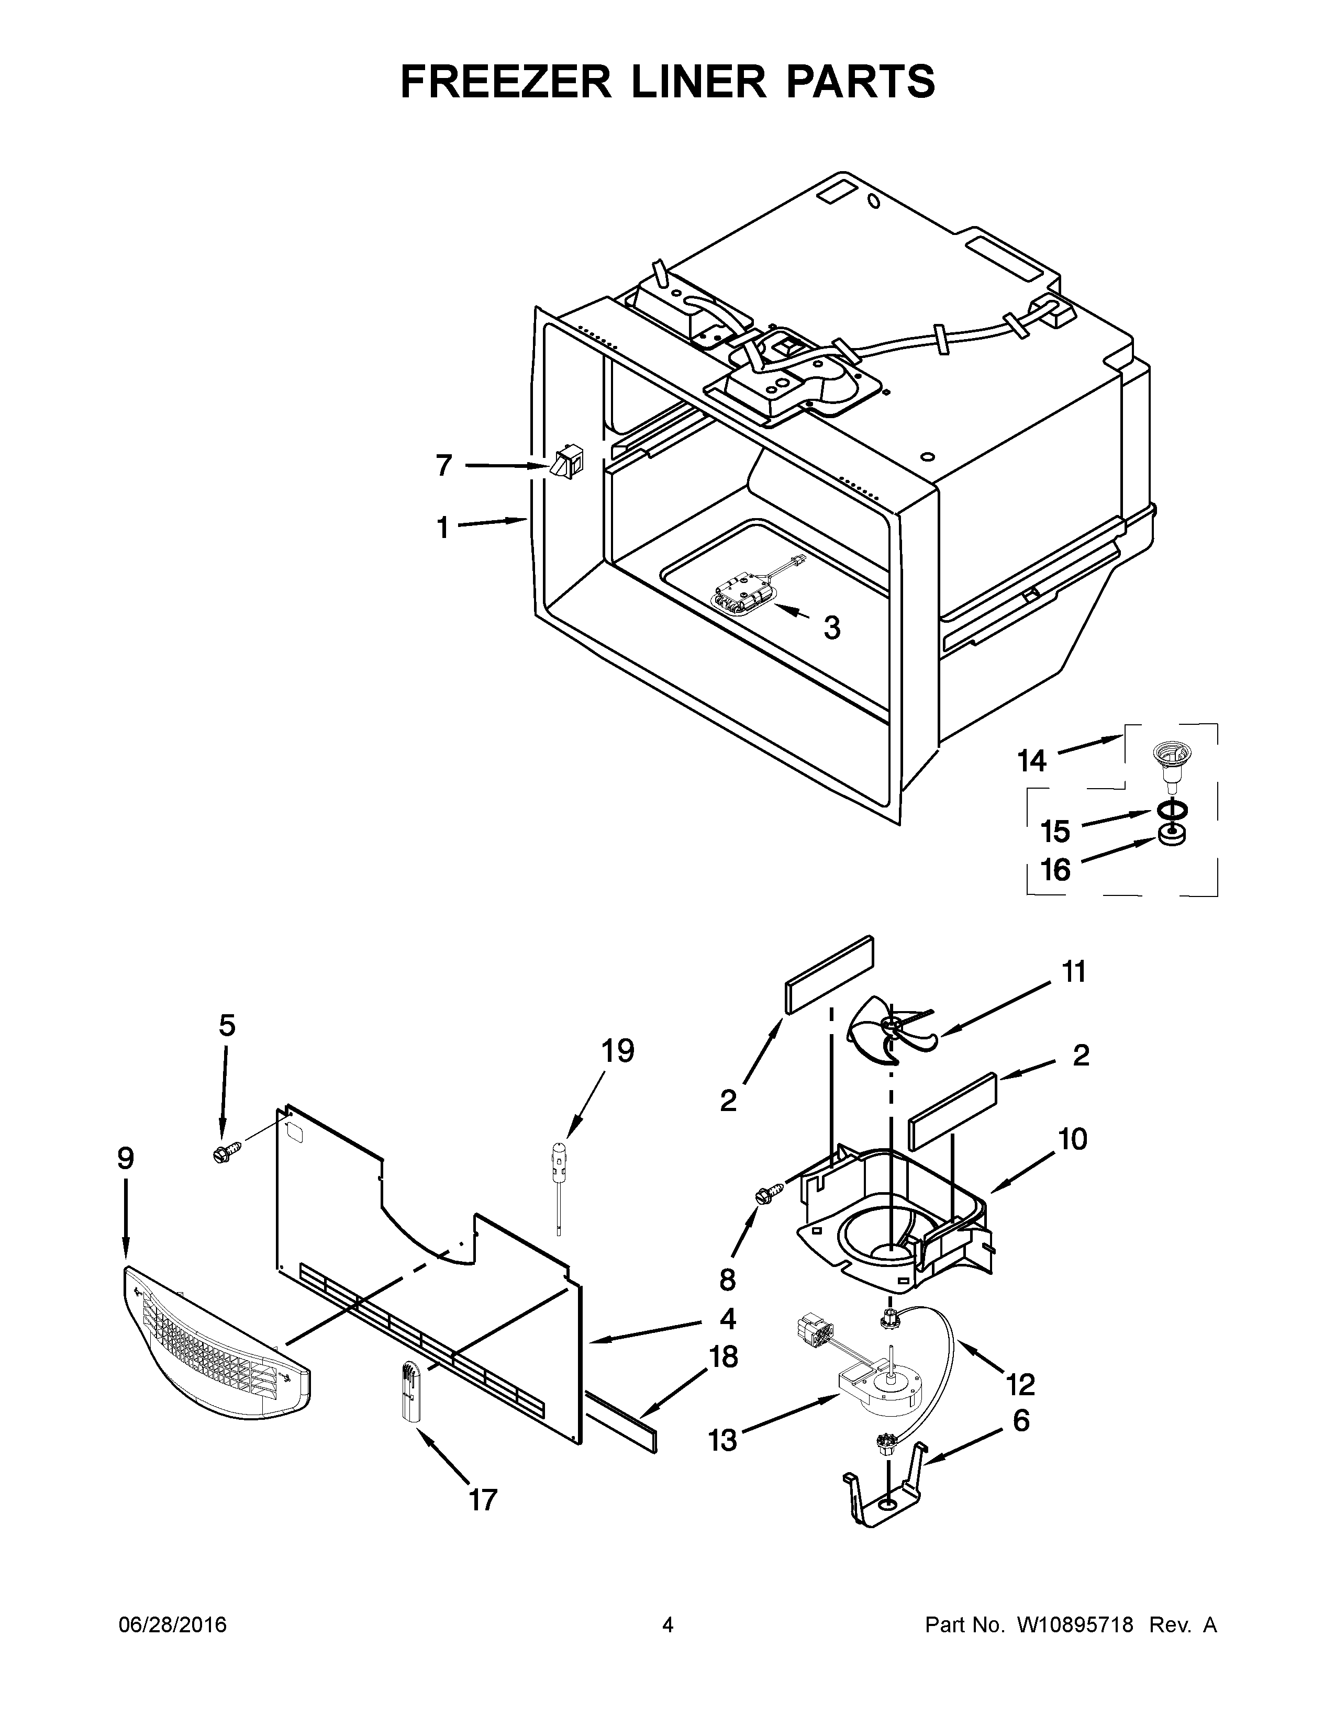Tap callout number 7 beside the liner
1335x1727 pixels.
tap(443, 466)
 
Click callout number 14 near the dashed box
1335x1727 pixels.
tap(1032, 761)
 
